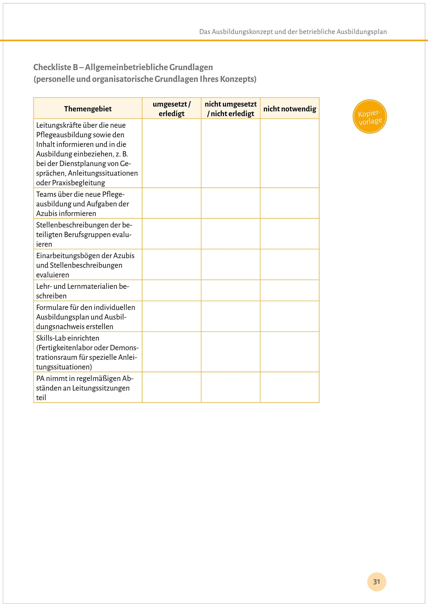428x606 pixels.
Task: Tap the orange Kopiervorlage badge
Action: click(x=370, y=116)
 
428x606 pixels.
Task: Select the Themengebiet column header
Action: click(x=88, y=109)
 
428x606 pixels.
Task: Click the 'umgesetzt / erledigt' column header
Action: click(x=172, y=109)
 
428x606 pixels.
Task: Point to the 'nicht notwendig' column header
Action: click(x=290, y=109)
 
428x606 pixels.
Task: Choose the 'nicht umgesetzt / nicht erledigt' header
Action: click(x=230, y=109)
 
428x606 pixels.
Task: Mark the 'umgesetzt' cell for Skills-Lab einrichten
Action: click(x=172, y=352)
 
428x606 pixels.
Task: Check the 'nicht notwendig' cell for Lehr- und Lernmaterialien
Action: click(x=290, y=290)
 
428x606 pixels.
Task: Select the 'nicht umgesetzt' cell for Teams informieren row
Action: click(x=230, y=203)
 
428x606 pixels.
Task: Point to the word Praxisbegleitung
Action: click(x=79, y=183)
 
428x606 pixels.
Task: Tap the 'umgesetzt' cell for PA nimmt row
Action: click(x=172, y=387)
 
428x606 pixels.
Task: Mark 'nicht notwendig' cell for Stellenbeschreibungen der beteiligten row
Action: click(x=290, y=234)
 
